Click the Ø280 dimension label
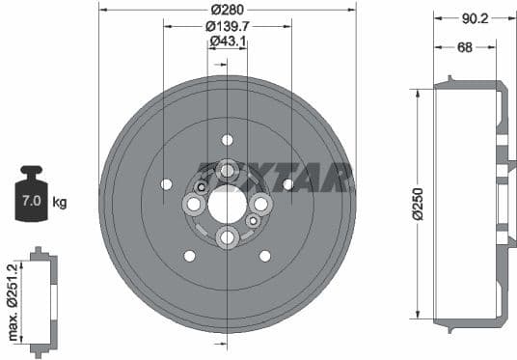228,9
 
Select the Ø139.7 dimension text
228,27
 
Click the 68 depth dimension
464,46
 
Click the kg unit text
60,202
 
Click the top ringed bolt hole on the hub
227,170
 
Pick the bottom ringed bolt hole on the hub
227,237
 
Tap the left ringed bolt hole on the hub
193,204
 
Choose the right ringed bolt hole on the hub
260,204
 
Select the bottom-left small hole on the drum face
189,256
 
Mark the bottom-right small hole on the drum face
264,256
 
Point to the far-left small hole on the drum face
166,183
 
